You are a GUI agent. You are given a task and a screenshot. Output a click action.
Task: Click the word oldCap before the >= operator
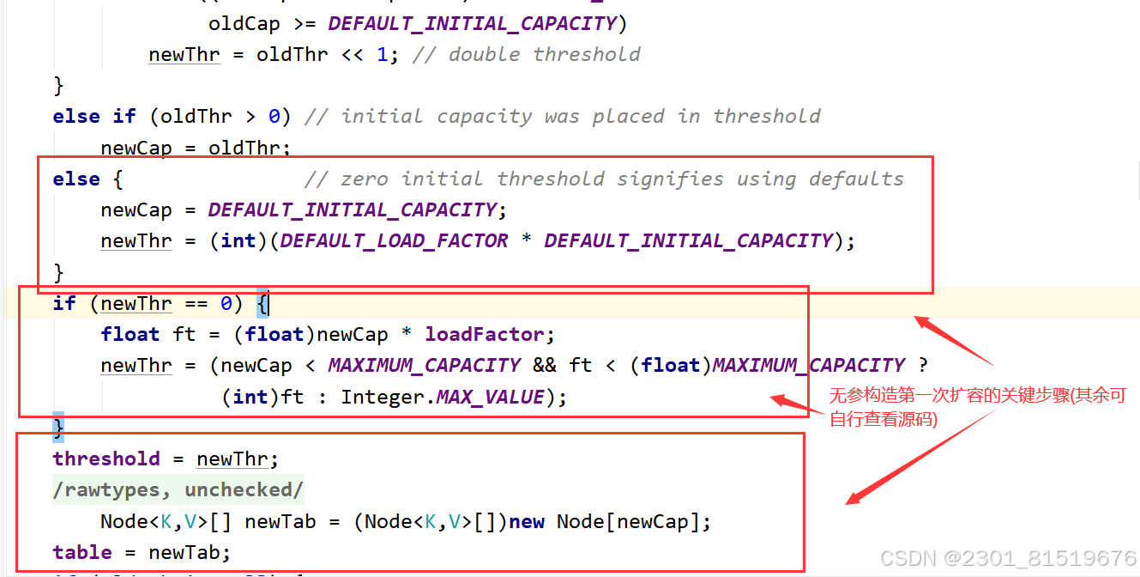(244, 23)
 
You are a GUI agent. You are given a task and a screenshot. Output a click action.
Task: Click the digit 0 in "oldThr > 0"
(274, 116)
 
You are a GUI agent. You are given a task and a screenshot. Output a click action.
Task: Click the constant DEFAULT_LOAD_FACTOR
(395, 240)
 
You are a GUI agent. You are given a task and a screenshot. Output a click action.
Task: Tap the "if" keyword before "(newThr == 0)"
(64, 303)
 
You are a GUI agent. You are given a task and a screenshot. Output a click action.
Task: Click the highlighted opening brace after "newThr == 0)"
(262, 303)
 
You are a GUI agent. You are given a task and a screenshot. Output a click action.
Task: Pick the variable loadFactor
(485, 334)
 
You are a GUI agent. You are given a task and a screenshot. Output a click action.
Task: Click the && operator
(544, 365)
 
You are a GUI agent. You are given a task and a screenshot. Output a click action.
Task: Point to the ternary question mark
(922, 365)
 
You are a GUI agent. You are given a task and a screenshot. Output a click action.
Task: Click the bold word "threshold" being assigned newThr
(106, 459)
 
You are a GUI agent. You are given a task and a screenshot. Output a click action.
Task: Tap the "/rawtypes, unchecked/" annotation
(178, 489)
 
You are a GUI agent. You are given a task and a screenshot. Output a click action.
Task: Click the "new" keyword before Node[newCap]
(527, 521)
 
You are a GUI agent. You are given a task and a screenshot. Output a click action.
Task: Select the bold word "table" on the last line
(82, 552)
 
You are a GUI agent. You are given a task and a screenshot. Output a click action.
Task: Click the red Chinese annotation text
(977, 407)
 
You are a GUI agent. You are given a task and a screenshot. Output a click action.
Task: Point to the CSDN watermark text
(1008, 558)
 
